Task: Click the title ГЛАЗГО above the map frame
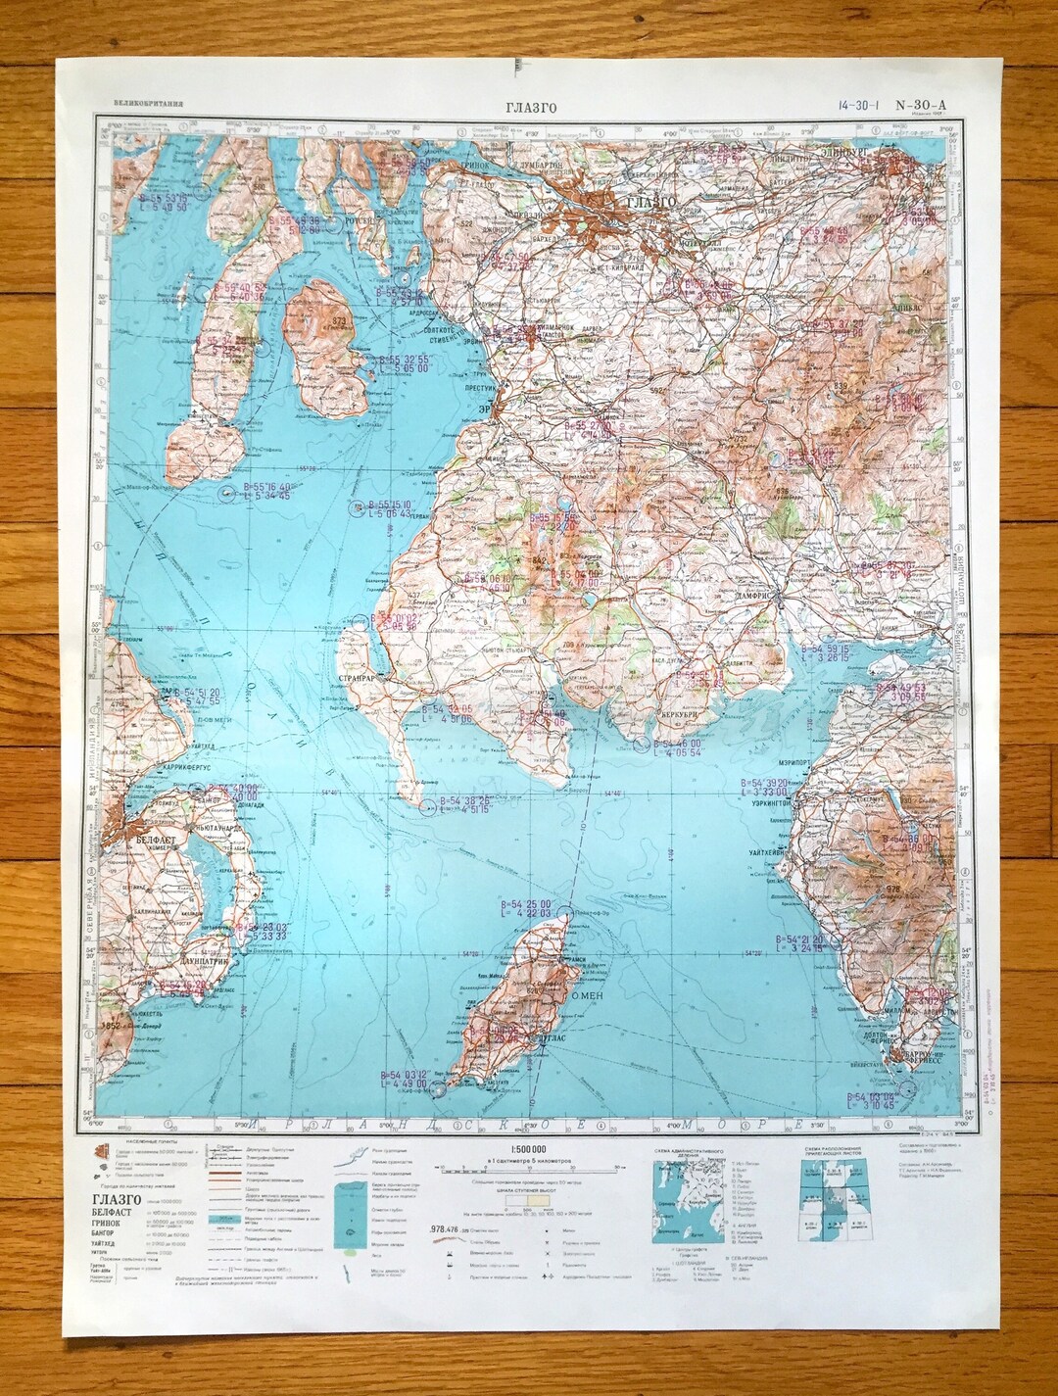(x=531, y=108)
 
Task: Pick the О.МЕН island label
(x=585, y=998)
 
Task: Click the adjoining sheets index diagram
(x=832, y=1201)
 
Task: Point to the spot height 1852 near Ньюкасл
(x=113, y=1025)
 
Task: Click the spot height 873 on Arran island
(x=339, y=321)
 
